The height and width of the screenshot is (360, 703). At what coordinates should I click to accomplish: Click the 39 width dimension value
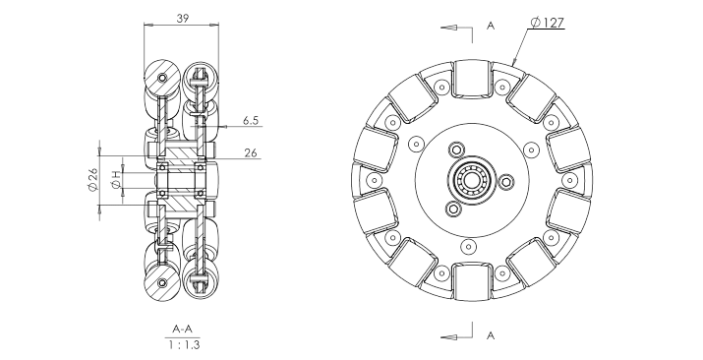coord(183,18)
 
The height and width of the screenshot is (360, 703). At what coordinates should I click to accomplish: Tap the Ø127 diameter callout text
coord(547,23)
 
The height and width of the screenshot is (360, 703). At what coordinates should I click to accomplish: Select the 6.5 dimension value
coord(251,121)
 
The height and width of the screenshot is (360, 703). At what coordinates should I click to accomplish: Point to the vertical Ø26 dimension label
coord(92,180)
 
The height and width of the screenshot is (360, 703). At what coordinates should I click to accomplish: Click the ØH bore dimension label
coord(117,180)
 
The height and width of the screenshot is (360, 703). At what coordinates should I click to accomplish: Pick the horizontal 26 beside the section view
coord(251,152)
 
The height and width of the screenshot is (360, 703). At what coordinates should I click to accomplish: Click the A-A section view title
coord(183,330)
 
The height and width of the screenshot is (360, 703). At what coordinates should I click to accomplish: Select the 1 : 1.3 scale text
coord(184,345)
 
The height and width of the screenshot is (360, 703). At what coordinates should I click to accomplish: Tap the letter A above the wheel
coord(491,26)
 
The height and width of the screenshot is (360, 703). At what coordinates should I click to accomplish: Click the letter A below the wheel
coord(491,335)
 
